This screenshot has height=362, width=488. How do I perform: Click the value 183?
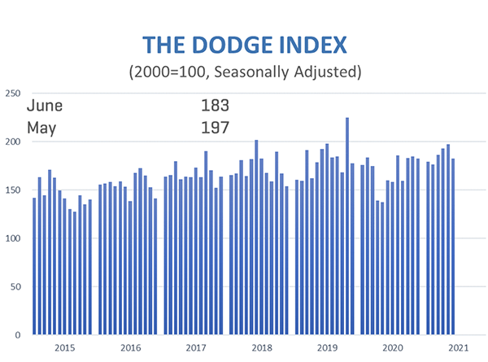coord(216,106)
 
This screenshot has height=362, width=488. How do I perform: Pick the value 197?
coord(216,127)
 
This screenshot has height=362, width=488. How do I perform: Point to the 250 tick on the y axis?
coord(13,94)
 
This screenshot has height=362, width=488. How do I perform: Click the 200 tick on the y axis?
coord(13,142)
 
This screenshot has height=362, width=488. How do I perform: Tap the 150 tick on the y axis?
coord(13,190)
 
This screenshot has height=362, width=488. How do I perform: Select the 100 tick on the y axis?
coord(13,238)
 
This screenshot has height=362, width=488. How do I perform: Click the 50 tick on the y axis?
coord(15,286)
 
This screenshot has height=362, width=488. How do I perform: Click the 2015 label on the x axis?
coord(64,348)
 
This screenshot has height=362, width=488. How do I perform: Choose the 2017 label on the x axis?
coord(196,348)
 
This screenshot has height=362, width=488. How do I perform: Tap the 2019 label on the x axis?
coord(327,348)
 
